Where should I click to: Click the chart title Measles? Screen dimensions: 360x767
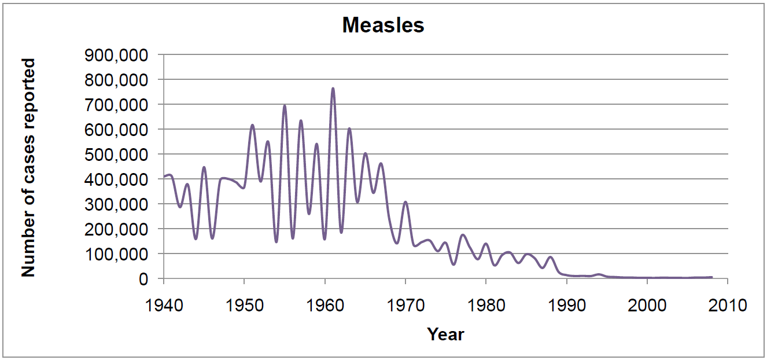[x=383, y=25]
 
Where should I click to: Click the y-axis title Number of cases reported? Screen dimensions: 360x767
[x=28, y=167]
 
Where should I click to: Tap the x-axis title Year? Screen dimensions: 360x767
[x=445, y=334]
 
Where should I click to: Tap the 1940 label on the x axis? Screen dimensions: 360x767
[x=164, y=304]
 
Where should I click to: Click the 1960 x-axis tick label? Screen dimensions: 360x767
[x=325, y=304]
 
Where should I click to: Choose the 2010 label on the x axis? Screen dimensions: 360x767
[x=727, y=304]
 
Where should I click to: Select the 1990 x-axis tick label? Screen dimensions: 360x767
[x=566, y=304]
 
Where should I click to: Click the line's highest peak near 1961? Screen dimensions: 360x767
[x=333, y=89]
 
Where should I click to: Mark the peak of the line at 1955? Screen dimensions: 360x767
[x=285, y=106]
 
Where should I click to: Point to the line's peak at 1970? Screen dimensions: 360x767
[x=405, y=202]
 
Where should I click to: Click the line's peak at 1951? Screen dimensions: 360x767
[x=252, y=125]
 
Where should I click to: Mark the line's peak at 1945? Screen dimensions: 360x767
[x=204, y=167]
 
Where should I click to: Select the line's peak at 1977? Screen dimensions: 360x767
[x=462, y=235]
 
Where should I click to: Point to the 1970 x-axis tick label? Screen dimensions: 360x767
[x=405, y=304]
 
